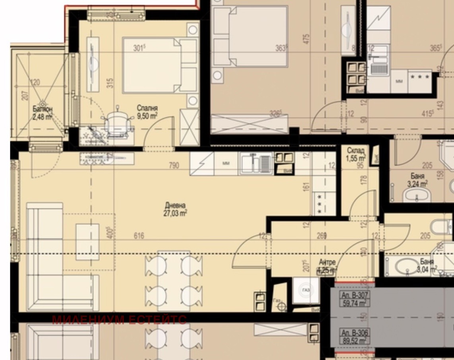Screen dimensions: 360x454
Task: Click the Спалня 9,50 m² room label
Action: pyautogui.click(x=147, y=112)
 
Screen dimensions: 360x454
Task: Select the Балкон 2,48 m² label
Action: pyautogui.click(x=43, y=113)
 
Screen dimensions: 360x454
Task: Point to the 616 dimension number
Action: pyautogui.click(x=139, y=236)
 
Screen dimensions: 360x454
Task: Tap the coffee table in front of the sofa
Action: pyautogui.click(x=87, y=242)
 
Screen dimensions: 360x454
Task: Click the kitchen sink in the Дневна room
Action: pyautogui.click(x=255, y=163)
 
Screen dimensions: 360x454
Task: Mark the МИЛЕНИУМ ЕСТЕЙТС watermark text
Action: pyautogui.click(x=119, y=320)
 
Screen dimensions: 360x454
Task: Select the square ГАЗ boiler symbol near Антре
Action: pyautogui.click(x=306, y=291)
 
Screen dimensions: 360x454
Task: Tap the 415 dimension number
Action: pyautogui.click(x=427, y=114)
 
